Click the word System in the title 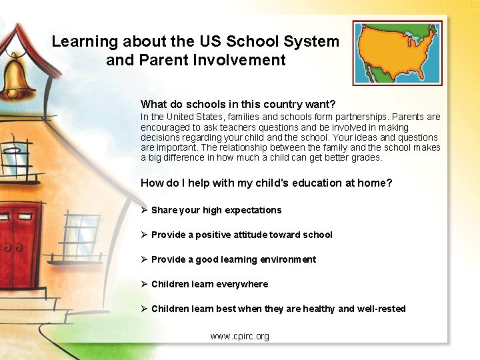click(311, 41)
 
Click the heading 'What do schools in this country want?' click(238, 104)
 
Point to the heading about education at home click(266, 183)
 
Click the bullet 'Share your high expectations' click(216, 210)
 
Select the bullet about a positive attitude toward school click(241, 235)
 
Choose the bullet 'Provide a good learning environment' click(233, 259)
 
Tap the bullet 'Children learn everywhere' click(209, 284)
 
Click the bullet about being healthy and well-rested click(278, 309)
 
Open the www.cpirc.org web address click(240, 336)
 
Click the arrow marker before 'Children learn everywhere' click(144, 284)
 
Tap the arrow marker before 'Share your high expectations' click(144, 210)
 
